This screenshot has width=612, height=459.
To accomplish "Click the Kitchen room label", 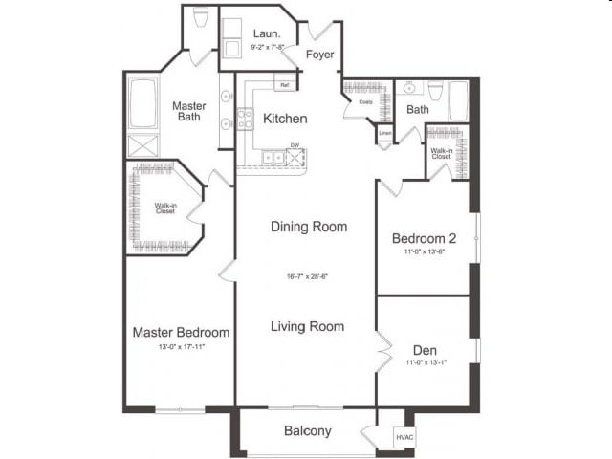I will click(x=285, y=119).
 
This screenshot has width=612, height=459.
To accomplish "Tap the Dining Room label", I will click(x=308, y=227).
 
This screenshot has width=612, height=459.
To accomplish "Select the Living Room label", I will click(x=307, y=326).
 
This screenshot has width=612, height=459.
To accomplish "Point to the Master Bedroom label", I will click(x=181, y=332).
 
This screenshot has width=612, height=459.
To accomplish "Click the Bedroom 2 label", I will click(x=422, y=238).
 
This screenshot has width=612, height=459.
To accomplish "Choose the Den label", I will click(x=425, y=349).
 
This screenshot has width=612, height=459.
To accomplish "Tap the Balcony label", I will click(x=308, y=431).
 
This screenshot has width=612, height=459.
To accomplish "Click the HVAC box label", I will click(x=404, y=437).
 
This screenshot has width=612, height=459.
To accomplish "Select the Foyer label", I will click(x=319, y=55).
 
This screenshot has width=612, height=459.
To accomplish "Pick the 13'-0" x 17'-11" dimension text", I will click(x=181, y=347).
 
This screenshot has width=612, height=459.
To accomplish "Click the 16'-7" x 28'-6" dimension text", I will click(x=308, y=276).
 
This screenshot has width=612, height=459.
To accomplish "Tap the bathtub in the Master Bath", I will click(x=143, y=104).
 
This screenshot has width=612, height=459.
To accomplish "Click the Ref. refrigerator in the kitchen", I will click(x=284, y=85).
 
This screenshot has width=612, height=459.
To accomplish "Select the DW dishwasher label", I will click(x=295, y=146).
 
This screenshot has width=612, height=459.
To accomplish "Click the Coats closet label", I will click(x=365, y=101).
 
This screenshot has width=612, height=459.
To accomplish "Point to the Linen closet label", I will click(x=385, y=133).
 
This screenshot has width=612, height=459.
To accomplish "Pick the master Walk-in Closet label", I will click(x=164, y=208).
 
